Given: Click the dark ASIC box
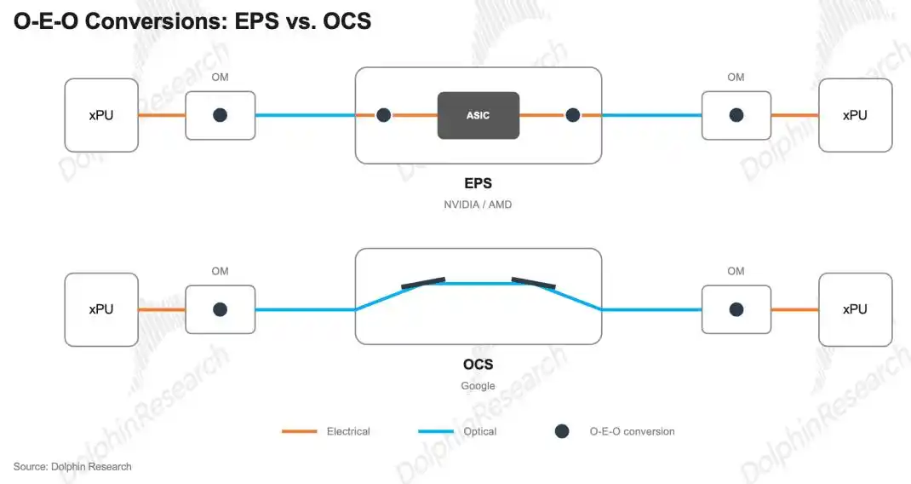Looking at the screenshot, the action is pos(478,115).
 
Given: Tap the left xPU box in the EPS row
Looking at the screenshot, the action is pos(101,115).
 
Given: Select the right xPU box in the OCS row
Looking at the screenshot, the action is pos(855,309).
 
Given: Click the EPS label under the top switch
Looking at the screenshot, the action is pos(478,183).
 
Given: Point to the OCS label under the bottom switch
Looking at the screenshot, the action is pos(478,364).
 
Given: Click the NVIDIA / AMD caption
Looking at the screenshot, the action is pos(478,205).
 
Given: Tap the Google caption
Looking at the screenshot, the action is pos(478,386).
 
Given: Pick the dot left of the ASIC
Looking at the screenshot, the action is pos(383,115).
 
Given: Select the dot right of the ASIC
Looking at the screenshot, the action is pos(573,115).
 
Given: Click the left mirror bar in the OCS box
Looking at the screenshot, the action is pos(423,283).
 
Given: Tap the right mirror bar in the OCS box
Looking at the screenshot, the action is pos(533,283).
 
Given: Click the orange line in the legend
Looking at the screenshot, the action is pos(299,432).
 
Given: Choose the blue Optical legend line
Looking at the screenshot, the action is pos(436,432).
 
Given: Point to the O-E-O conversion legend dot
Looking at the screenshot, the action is pos(562,431).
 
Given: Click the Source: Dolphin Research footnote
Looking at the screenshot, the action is pos(72,467).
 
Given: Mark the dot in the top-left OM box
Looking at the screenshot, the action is pos(221,115).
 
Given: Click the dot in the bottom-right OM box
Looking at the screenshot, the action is pos(736,309).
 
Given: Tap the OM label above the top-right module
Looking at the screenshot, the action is pos(736,78).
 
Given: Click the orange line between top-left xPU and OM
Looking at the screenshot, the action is pos(162,115).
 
